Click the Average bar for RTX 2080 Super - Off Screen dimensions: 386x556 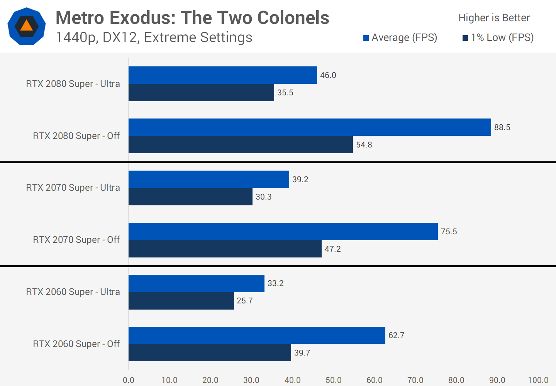point(310,127)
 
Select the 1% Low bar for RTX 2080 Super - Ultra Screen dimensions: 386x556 point(201,93)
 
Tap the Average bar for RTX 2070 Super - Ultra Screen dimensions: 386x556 point(208,179)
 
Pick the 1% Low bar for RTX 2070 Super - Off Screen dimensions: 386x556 point(225,249)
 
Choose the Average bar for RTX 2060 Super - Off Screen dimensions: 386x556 point(257,335)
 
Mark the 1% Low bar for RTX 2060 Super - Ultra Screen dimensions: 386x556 point(181,301)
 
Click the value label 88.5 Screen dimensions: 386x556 point(502,127)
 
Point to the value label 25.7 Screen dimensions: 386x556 point(245,301)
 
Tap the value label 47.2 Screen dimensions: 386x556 point(332,249)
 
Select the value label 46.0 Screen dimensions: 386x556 point(328,75)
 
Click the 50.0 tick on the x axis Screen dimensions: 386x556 point(333,380)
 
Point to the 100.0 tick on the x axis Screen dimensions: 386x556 point(538,380)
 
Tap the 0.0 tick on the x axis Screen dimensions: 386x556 point(129,380)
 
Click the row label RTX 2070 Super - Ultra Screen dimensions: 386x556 point(73,188)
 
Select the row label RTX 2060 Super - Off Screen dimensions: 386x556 point(76,344)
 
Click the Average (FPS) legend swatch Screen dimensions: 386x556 point(366,38)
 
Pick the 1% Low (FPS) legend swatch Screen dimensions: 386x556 point(465,38)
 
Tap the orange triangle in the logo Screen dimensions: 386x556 point(26,26)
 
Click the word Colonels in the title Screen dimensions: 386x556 point(293,18)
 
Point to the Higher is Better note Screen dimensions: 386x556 point(494,18)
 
